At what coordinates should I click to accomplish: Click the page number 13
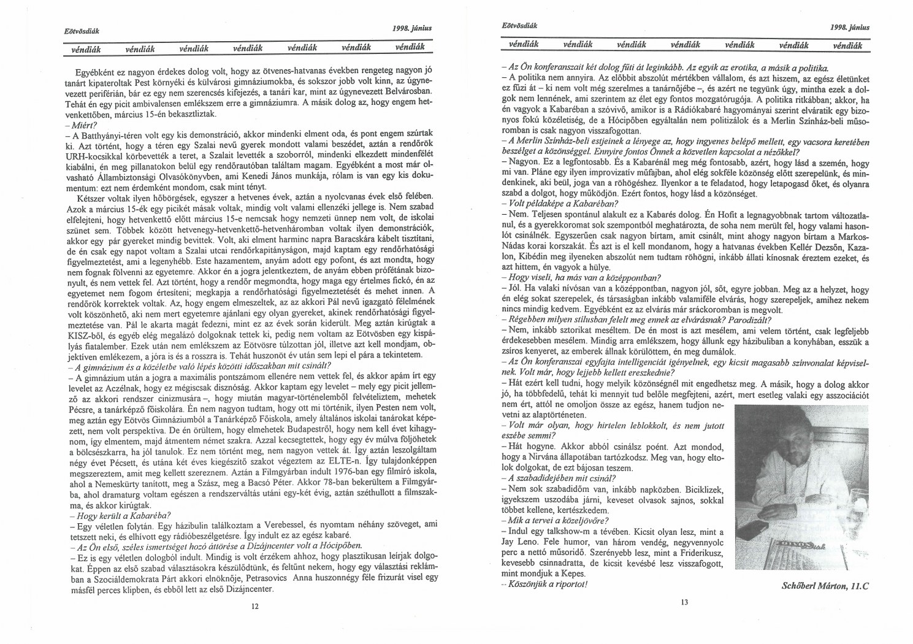(x=685, y=602)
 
